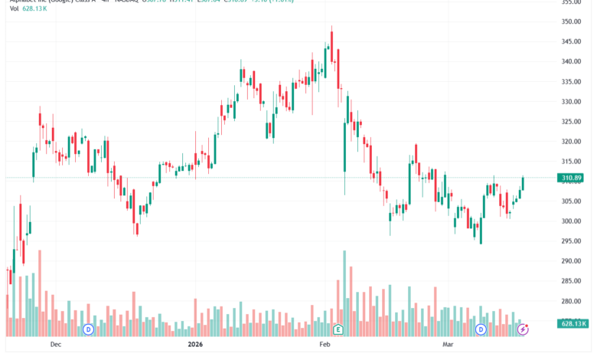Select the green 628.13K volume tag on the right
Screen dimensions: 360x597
[573, 325]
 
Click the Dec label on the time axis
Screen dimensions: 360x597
[55, 345]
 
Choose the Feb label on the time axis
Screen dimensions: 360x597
[325, 345]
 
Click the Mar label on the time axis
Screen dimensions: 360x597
[449, 345]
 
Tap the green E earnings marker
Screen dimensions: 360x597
[338, 329]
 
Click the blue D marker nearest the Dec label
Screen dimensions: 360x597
[88, 329]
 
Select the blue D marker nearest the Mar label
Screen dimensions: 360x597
[481, 329]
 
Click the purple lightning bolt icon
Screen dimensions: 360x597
[523, 329]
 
